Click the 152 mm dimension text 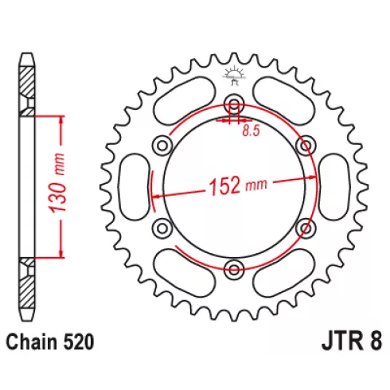click(238, 185)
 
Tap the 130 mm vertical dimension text click(58, 183)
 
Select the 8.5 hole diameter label click(251, 131)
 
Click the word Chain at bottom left click(32, 342)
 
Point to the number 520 click(79, 342)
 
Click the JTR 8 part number click(352, 341)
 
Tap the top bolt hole click(234, 103)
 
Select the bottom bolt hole click(234, 270)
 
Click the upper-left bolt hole click(162, 145)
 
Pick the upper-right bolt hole click(306, 145)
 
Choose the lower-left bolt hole click(162, 228)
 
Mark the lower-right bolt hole click(306, 228)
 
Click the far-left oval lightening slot click(135, 187)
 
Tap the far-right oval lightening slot click(333, 187)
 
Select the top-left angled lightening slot click(185, 100)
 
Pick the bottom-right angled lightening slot click(284, 273)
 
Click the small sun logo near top click(234, 76)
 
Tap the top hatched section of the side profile click(27, 82)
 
